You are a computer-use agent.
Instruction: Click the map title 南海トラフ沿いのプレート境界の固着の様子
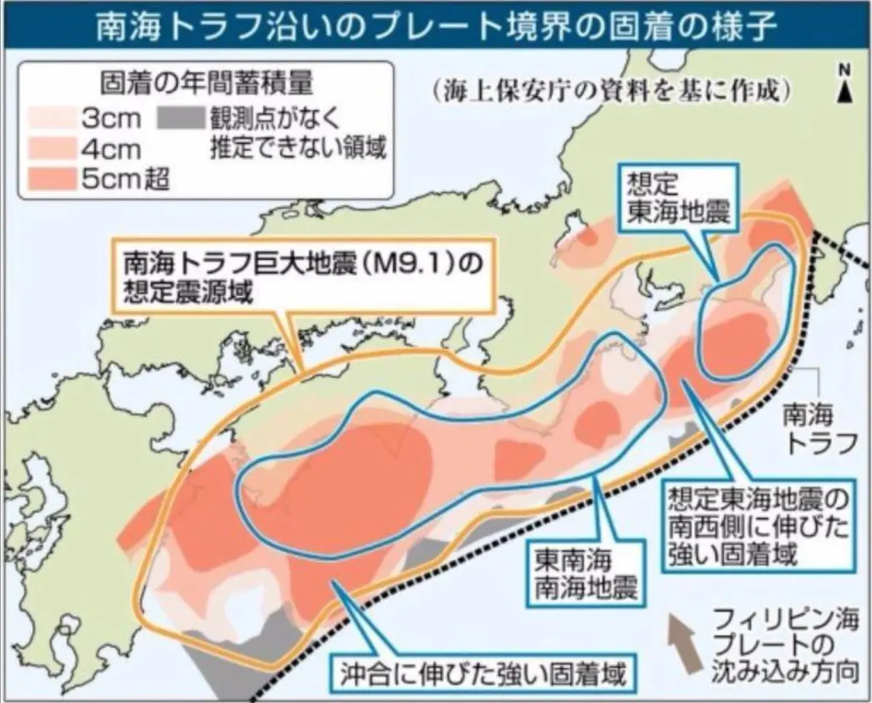point(436,25)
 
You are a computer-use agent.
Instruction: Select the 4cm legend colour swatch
point(52,148)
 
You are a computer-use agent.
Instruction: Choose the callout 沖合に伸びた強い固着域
point(483,675)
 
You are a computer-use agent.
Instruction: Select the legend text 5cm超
point(125,178)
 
